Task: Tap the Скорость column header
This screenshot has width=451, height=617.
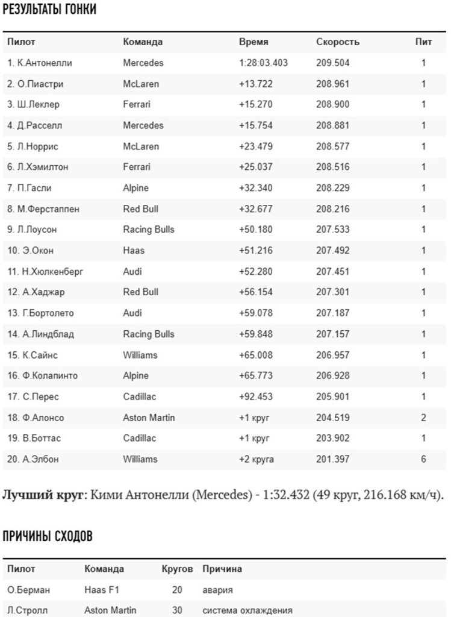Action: point(338,42)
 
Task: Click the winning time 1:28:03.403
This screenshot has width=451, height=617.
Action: point(263,63)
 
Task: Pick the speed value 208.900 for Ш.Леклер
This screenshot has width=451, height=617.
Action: point(332,104)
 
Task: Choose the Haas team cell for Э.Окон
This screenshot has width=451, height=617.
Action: point(134,251)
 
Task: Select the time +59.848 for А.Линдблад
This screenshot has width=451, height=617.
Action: point(256,334)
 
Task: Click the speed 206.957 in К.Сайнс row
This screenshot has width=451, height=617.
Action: point(332,355)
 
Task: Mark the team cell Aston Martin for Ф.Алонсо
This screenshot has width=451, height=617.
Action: point(149,418)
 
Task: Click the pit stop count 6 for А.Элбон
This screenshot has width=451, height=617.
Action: point(423,459)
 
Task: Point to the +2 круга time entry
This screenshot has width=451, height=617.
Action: point(257,459)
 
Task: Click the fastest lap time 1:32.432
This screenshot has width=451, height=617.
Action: point(286,496)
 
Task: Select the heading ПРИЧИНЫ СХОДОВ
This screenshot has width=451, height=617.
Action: point(48,537)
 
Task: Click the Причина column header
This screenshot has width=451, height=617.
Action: point(222,569)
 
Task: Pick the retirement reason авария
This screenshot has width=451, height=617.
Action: point(217,590)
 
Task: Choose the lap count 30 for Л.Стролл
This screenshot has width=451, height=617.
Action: point(177,610)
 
